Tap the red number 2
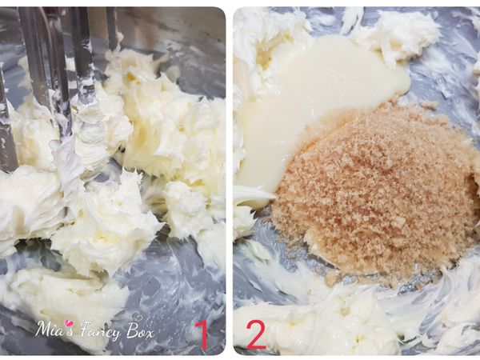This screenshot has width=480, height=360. [255, 334]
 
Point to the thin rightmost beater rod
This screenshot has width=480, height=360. [111, 28]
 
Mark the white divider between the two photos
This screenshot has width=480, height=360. [229, 180]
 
